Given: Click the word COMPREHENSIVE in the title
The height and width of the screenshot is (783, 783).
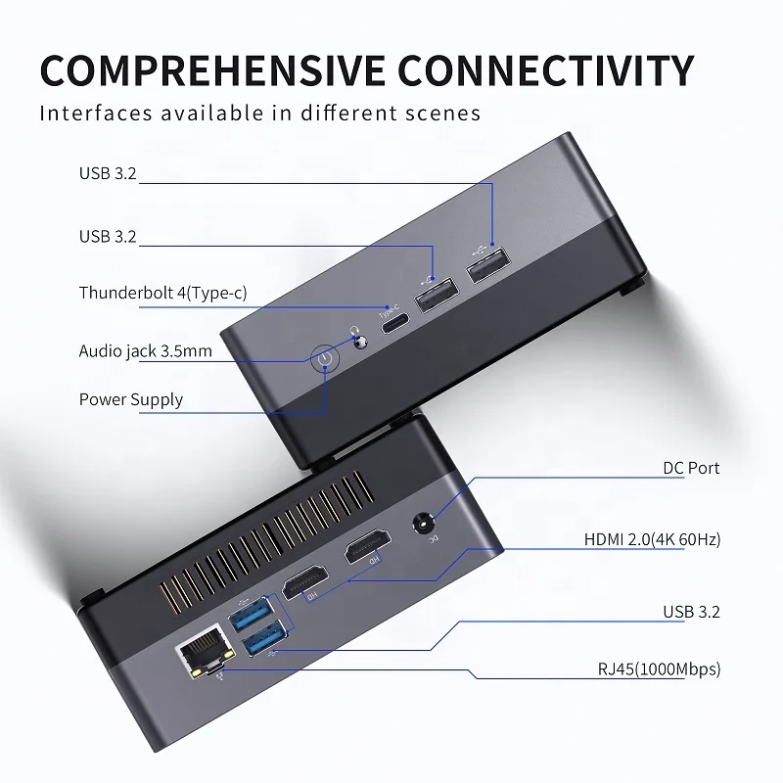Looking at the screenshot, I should (x=211, y=71).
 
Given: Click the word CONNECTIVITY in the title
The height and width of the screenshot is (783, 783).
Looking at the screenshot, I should (x=545, y=71).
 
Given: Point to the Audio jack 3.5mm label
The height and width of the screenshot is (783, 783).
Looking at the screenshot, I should (x=146, y=350).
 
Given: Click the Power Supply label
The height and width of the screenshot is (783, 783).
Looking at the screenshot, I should (x=130, y=399).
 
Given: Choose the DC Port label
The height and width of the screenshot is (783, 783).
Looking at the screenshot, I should (x=690, y=468).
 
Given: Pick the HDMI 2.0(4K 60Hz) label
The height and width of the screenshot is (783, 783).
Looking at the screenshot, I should (x=652, y=539).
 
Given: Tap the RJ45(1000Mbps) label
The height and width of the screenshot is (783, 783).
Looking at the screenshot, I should (x=659, y=669).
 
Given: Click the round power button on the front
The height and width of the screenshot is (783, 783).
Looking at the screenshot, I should (x=326, y=362).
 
